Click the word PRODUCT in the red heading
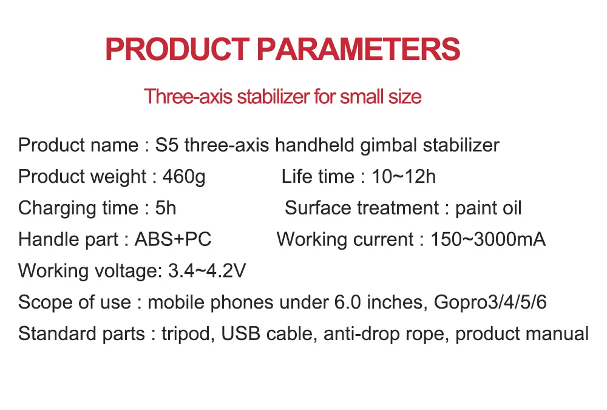point(177,49)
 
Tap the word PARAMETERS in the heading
point(359,49)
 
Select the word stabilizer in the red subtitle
point(273,97)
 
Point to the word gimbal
point(388,146)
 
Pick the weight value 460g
point(184,177)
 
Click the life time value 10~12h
point(404,177)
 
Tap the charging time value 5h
point(166,208)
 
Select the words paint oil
point(488,209)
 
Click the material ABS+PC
point(172,239)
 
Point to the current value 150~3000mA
point(488,239)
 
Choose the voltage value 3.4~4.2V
point(207,271)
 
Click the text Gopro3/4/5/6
point(490,302)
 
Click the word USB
point(240,333)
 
